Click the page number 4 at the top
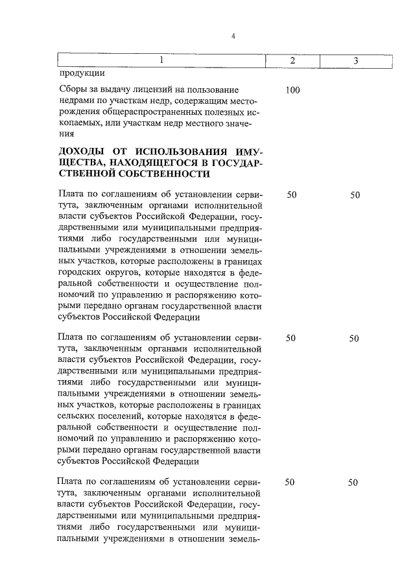tap(233, 36)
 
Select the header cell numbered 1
tap(163, 60)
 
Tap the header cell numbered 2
tap(292, 60)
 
